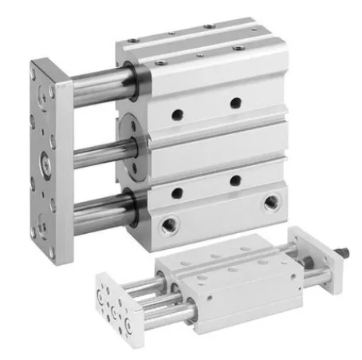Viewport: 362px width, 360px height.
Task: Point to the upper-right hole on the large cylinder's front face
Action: (235, 102)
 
